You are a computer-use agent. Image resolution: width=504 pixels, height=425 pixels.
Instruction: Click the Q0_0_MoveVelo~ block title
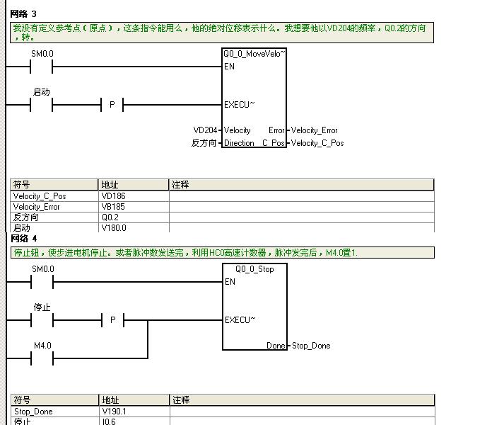254,54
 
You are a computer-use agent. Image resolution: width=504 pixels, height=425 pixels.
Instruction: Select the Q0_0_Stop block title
254,269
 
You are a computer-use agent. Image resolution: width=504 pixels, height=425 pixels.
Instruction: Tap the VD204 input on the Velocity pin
205,130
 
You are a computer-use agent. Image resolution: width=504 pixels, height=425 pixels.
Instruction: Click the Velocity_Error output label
314,130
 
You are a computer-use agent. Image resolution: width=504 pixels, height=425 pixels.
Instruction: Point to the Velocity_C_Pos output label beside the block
317,143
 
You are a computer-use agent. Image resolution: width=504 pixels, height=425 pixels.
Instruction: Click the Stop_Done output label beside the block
311,346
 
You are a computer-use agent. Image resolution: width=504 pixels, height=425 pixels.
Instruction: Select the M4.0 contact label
42,346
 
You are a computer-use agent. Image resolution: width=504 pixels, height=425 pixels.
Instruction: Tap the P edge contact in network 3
112,105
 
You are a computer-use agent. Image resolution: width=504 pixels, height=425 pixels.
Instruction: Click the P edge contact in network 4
112,320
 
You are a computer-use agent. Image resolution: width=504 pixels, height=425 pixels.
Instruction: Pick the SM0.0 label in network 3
42,54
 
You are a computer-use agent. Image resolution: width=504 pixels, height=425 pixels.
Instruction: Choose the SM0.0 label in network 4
42,269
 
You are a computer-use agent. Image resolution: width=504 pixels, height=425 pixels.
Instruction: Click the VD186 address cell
113,196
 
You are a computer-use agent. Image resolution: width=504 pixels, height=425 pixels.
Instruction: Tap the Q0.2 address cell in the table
110,217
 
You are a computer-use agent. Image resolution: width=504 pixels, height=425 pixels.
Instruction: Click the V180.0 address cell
114,228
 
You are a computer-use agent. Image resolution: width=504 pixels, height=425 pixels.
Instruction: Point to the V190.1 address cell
114,412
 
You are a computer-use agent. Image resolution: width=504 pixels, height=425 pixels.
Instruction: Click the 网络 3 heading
23,14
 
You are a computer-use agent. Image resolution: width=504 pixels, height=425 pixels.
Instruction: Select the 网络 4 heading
23,239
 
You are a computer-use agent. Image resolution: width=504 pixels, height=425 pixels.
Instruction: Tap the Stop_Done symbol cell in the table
33,412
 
